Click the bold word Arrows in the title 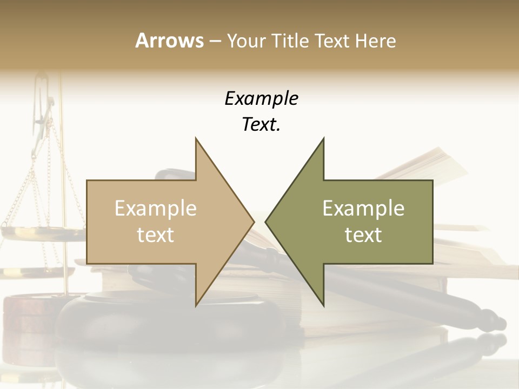tap(169, 41)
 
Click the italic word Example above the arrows tap(261, 99)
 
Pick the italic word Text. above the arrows tap(261, 125)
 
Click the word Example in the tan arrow tap(156, 209)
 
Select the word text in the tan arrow tap(156, 235)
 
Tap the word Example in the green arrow tap(363, 209)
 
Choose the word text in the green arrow tap(363, 235)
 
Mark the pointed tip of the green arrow tap(267, 221)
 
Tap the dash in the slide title tap(215, 42)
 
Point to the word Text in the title tap(333, 41)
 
